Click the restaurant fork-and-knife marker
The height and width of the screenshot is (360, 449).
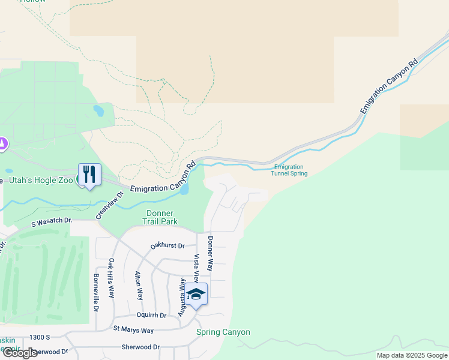[89, 175]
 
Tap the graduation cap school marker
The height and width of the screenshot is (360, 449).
[196, 294]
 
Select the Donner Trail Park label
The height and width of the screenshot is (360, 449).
[160, 217]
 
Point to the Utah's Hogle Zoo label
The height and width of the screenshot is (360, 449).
[40, 180]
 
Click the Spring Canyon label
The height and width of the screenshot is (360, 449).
[223, 332]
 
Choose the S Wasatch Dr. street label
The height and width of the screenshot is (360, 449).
[52, 221]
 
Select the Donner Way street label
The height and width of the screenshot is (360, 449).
[210, 253]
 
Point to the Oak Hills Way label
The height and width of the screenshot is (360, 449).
[112, 278]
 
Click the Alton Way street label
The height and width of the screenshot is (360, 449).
[139, 286]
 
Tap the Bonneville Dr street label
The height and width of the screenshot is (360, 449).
[95, 293]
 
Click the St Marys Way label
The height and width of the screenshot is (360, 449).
[133, 330]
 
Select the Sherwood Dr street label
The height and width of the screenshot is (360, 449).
[140, 347]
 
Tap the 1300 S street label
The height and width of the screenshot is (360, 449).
[46, 338]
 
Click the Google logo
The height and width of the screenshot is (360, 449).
[19, 353]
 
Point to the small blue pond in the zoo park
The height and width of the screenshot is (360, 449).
[98, 111]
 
